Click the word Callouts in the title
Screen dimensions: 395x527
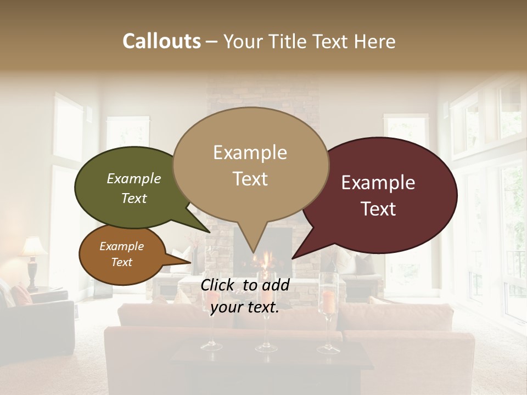click(x=161, y=41)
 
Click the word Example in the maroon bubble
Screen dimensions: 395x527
click(x=378, y=183)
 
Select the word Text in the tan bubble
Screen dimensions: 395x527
click(x=250, y=179)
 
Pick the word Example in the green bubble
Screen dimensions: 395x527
click(x=134, y=178)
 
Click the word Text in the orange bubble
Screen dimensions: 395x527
click(x=122, y=262)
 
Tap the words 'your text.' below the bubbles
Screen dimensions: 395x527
click(x=245, y=307)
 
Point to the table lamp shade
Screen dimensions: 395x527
click(x=34, y=246)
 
